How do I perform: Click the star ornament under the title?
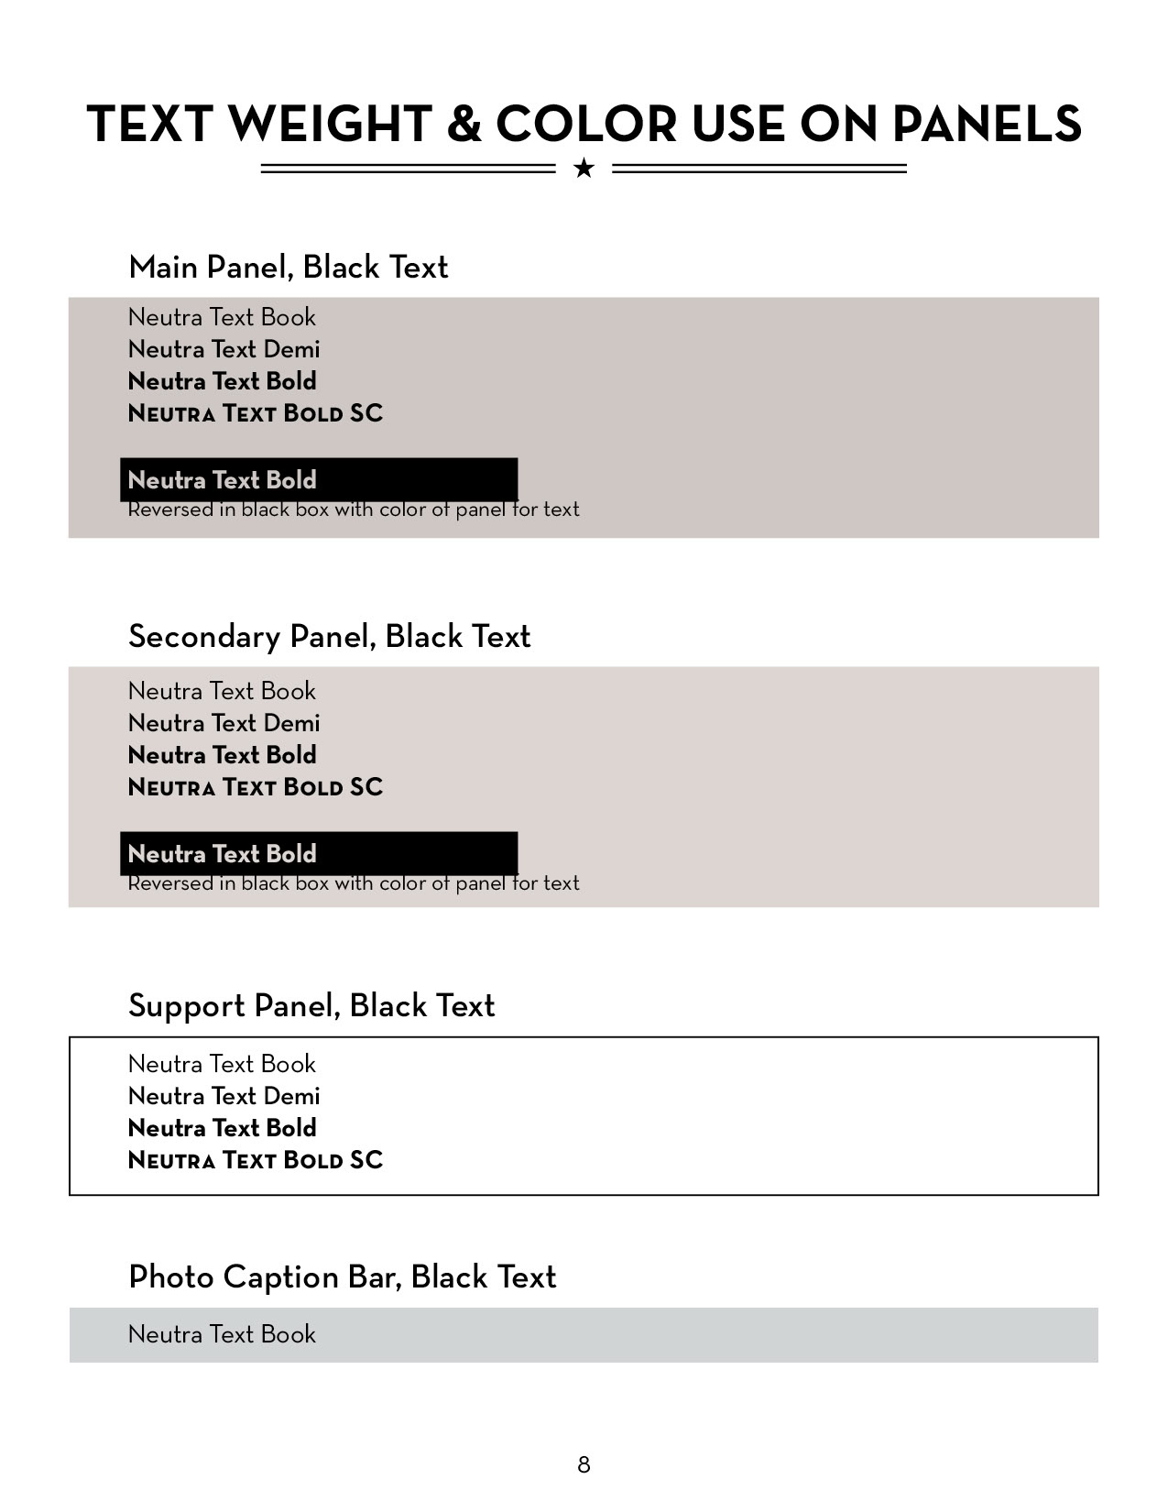584,169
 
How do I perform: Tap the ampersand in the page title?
464,125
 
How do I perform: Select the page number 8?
584,1464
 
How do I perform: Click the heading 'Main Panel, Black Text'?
288,268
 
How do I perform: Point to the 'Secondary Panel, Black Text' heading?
329,637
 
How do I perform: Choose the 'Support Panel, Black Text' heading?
311,1006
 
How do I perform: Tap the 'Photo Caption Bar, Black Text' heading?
342,1277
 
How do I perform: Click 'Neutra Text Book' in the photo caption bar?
222,1334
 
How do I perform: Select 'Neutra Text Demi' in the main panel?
224,349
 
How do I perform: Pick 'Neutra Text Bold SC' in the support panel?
255,1160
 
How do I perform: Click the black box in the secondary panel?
319,853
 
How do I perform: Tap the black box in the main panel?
319,479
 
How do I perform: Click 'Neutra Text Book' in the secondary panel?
222,691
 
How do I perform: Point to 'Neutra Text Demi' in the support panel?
224,1096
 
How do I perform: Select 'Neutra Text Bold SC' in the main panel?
255,413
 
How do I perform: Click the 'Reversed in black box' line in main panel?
353,510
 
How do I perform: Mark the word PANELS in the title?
987,125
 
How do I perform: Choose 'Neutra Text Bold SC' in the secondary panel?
255,787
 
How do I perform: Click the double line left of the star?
408,169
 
